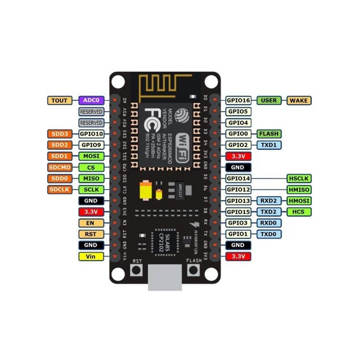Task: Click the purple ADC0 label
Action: pos(91,100)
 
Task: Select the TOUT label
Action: pos(59,100)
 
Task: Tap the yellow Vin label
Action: pos(91,256)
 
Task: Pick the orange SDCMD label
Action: pos(59,167)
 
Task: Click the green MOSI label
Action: pos(91,156)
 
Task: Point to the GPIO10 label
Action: pos(91,134)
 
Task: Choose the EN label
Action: pos(91,223)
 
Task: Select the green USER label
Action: pos(269,100)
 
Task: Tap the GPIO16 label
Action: pos(238,100)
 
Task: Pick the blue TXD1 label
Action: pos(269,145)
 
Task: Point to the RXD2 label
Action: pos(269,201)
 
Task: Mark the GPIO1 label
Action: pos(238,234)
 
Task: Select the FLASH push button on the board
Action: pos(193,270)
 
